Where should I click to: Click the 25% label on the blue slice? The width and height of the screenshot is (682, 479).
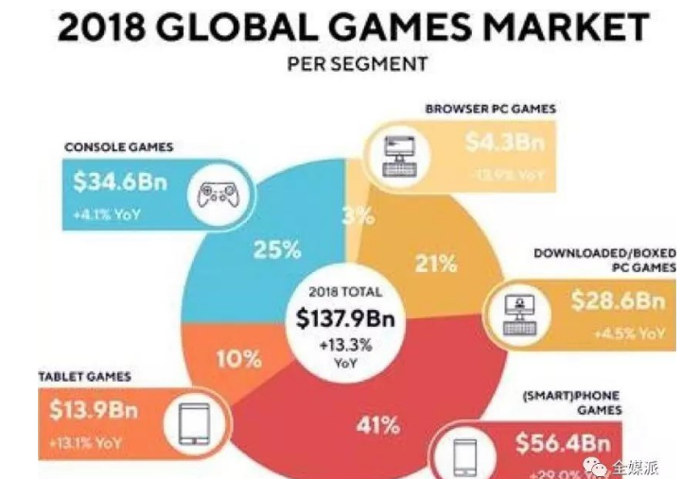tap(276, 250)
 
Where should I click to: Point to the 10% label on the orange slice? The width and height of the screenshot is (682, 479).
tap(238, 359)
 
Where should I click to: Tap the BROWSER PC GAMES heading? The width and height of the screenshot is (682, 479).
tap(490, 109)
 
